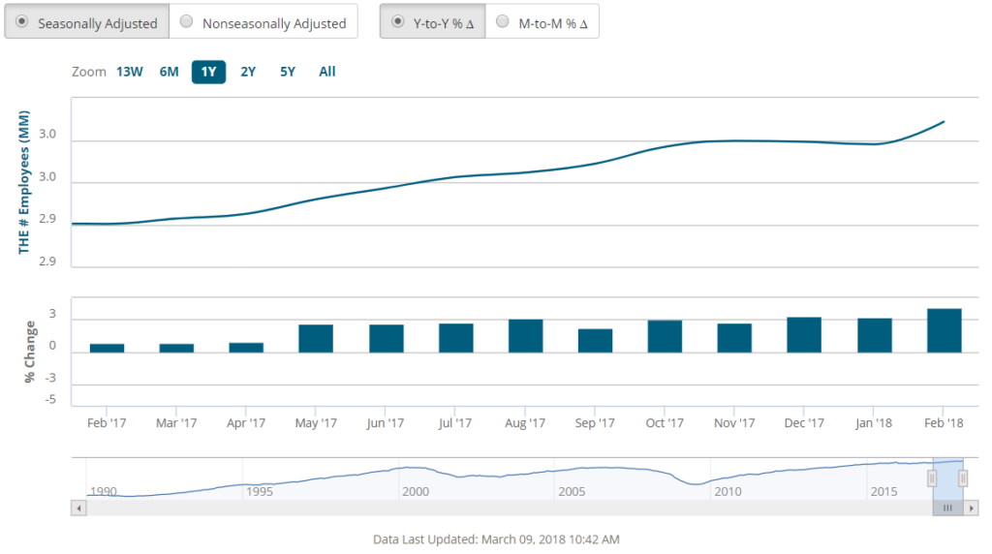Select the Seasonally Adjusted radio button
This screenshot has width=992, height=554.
click(x=86, y=22)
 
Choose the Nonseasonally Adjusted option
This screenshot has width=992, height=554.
click(x=263, y=22)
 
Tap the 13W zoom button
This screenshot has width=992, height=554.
click(x=130, y=72)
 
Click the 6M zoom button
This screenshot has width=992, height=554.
click(x=170, y=72)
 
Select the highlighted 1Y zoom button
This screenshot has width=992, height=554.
click(x=208, y=72)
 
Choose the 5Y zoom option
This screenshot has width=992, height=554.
click(x=288, y=72)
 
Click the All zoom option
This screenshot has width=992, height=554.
click(x=327, y=72)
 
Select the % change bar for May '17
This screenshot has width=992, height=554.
click(x=316, y=338)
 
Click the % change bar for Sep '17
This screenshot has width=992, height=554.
click(x=595, y=340)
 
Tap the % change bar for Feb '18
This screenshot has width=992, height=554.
click(x=944, y=330)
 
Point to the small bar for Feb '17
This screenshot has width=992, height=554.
click(x=107, y=348)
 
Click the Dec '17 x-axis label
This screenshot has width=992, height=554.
click(x=804, y=423)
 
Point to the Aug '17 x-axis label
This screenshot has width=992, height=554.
click(x=525, y=423)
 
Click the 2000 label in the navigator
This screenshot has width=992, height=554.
click(x=416, y=492)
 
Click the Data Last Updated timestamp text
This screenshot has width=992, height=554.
click(x=495, y=539)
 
